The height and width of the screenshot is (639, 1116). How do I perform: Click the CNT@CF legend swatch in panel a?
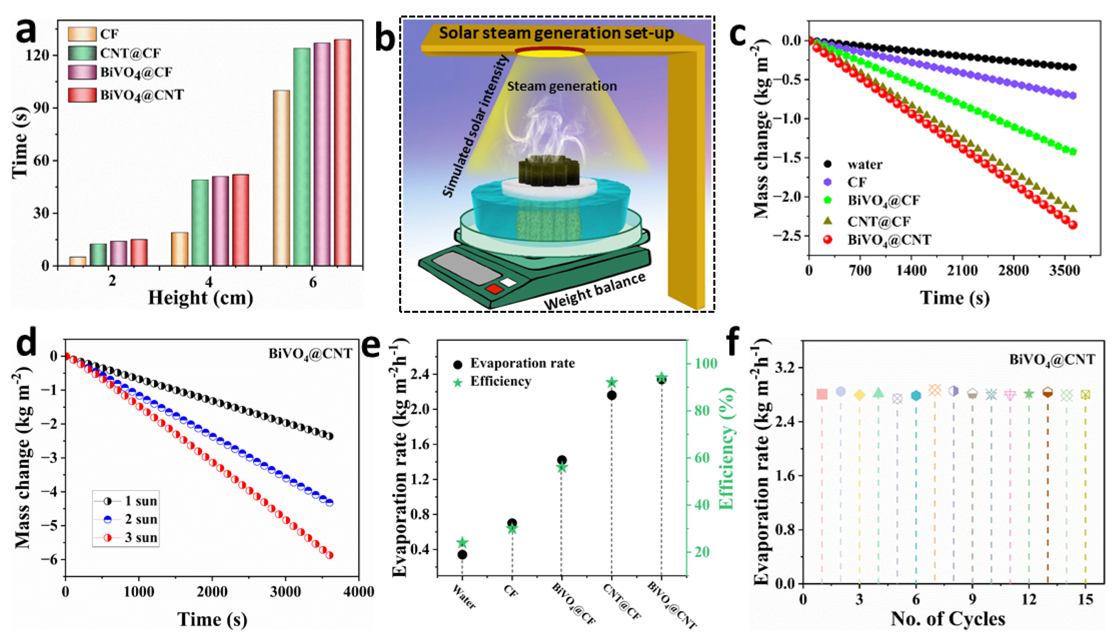[82, 53]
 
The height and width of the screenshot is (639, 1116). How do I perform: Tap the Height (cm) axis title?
[201, 298]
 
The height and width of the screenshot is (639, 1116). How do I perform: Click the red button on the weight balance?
[494, 289]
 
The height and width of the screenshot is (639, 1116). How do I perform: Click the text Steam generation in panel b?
[562, 86]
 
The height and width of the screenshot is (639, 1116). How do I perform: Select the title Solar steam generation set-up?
[556, 33]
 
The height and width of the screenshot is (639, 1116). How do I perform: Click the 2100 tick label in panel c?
[962, 270]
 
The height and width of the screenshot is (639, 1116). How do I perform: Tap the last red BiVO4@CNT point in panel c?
[1073, 225]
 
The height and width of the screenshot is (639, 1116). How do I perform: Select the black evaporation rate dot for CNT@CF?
[611, 395]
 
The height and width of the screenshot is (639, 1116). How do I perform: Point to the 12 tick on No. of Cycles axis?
[1029, 600]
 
